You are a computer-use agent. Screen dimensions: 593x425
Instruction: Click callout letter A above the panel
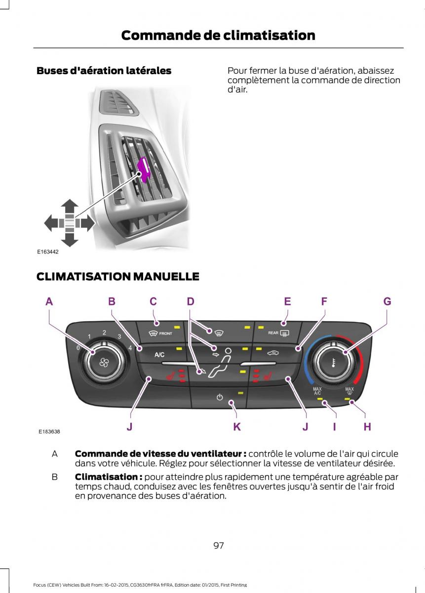coord(49,301)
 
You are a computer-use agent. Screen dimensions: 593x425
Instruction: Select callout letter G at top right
coord(387,301)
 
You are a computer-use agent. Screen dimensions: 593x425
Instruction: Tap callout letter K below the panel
coord(237,427)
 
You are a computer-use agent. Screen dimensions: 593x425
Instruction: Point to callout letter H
coord(367,427)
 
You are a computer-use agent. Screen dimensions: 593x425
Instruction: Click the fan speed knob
coord(104,361)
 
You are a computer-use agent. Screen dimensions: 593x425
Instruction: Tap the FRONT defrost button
coord(161,333)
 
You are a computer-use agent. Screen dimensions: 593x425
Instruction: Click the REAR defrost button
coord(278,333)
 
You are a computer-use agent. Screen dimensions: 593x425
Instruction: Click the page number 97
coord(219,546)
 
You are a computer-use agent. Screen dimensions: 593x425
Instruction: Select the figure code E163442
coord(48,252)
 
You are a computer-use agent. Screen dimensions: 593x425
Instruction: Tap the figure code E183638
coord(49,431)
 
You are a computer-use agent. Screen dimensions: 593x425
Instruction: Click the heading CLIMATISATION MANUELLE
coord(117,277)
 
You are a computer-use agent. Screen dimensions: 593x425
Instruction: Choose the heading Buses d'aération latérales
coord(104,71)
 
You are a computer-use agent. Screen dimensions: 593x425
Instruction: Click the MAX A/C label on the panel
coord(317,391)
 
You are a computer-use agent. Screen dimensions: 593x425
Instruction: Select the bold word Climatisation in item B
coord(108,477)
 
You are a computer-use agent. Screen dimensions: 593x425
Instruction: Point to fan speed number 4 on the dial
coord(130,348)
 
